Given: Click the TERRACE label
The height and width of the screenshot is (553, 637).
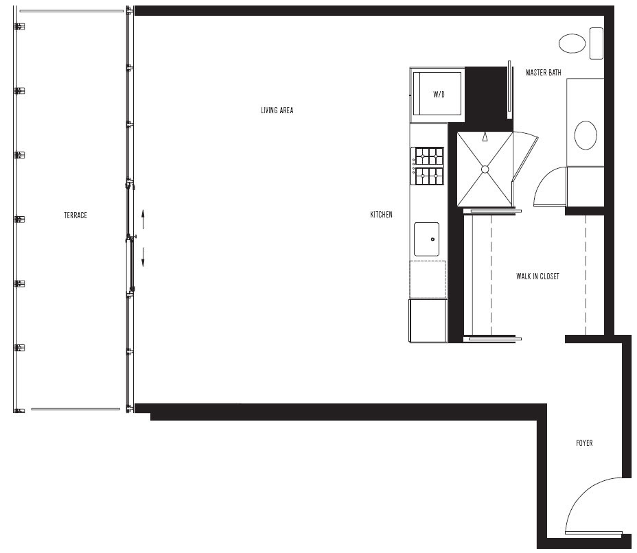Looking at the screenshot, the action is pyautogui.click(x=76, y=215).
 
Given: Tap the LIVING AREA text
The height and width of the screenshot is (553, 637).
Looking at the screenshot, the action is pyautogui.click(x=277, y=110).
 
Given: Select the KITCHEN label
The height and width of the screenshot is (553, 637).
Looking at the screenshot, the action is pyautogui.click(x=381, y=214).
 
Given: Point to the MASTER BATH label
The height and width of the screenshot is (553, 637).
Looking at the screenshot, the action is pyautogui.click(x=544, y=73).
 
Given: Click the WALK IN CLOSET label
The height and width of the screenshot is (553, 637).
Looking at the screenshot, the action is pyautogui.click(x=537, y=276).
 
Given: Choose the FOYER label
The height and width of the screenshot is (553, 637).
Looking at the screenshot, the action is pyautogui.click(x=584, y=443).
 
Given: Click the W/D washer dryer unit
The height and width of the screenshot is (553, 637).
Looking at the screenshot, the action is pyautogui.click(x=437, y=94).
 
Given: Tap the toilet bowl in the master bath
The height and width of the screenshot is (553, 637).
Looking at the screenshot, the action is pyautogui.click(x=572, y=43).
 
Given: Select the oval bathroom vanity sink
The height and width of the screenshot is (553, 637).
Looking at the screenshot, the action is pyautogui.click(x=586, y=135).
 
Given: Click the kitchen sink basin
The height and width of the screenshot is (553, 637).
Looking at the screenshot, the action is pyautogui.click(x=426, y=239).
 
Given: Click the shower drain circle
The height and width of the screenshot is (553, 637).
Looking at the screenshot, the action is pyautogui.click(x=485, y=169).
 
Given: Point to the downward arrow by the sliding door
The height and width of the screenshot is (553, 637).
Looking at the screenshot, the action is pyautogui.click(x=143, y=257).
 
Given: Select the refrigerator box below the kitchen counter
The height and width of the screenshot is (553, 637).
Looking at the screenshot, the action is pyautogui.click(x=428, y=320).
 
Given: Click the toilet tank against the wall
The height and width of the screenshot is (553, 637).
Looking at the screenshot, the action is pyautogui.click(x=597, y=43).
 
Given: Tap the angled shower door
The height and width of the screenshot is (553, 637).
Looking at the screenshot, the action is pyautogui.click(x=525, y=156).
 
